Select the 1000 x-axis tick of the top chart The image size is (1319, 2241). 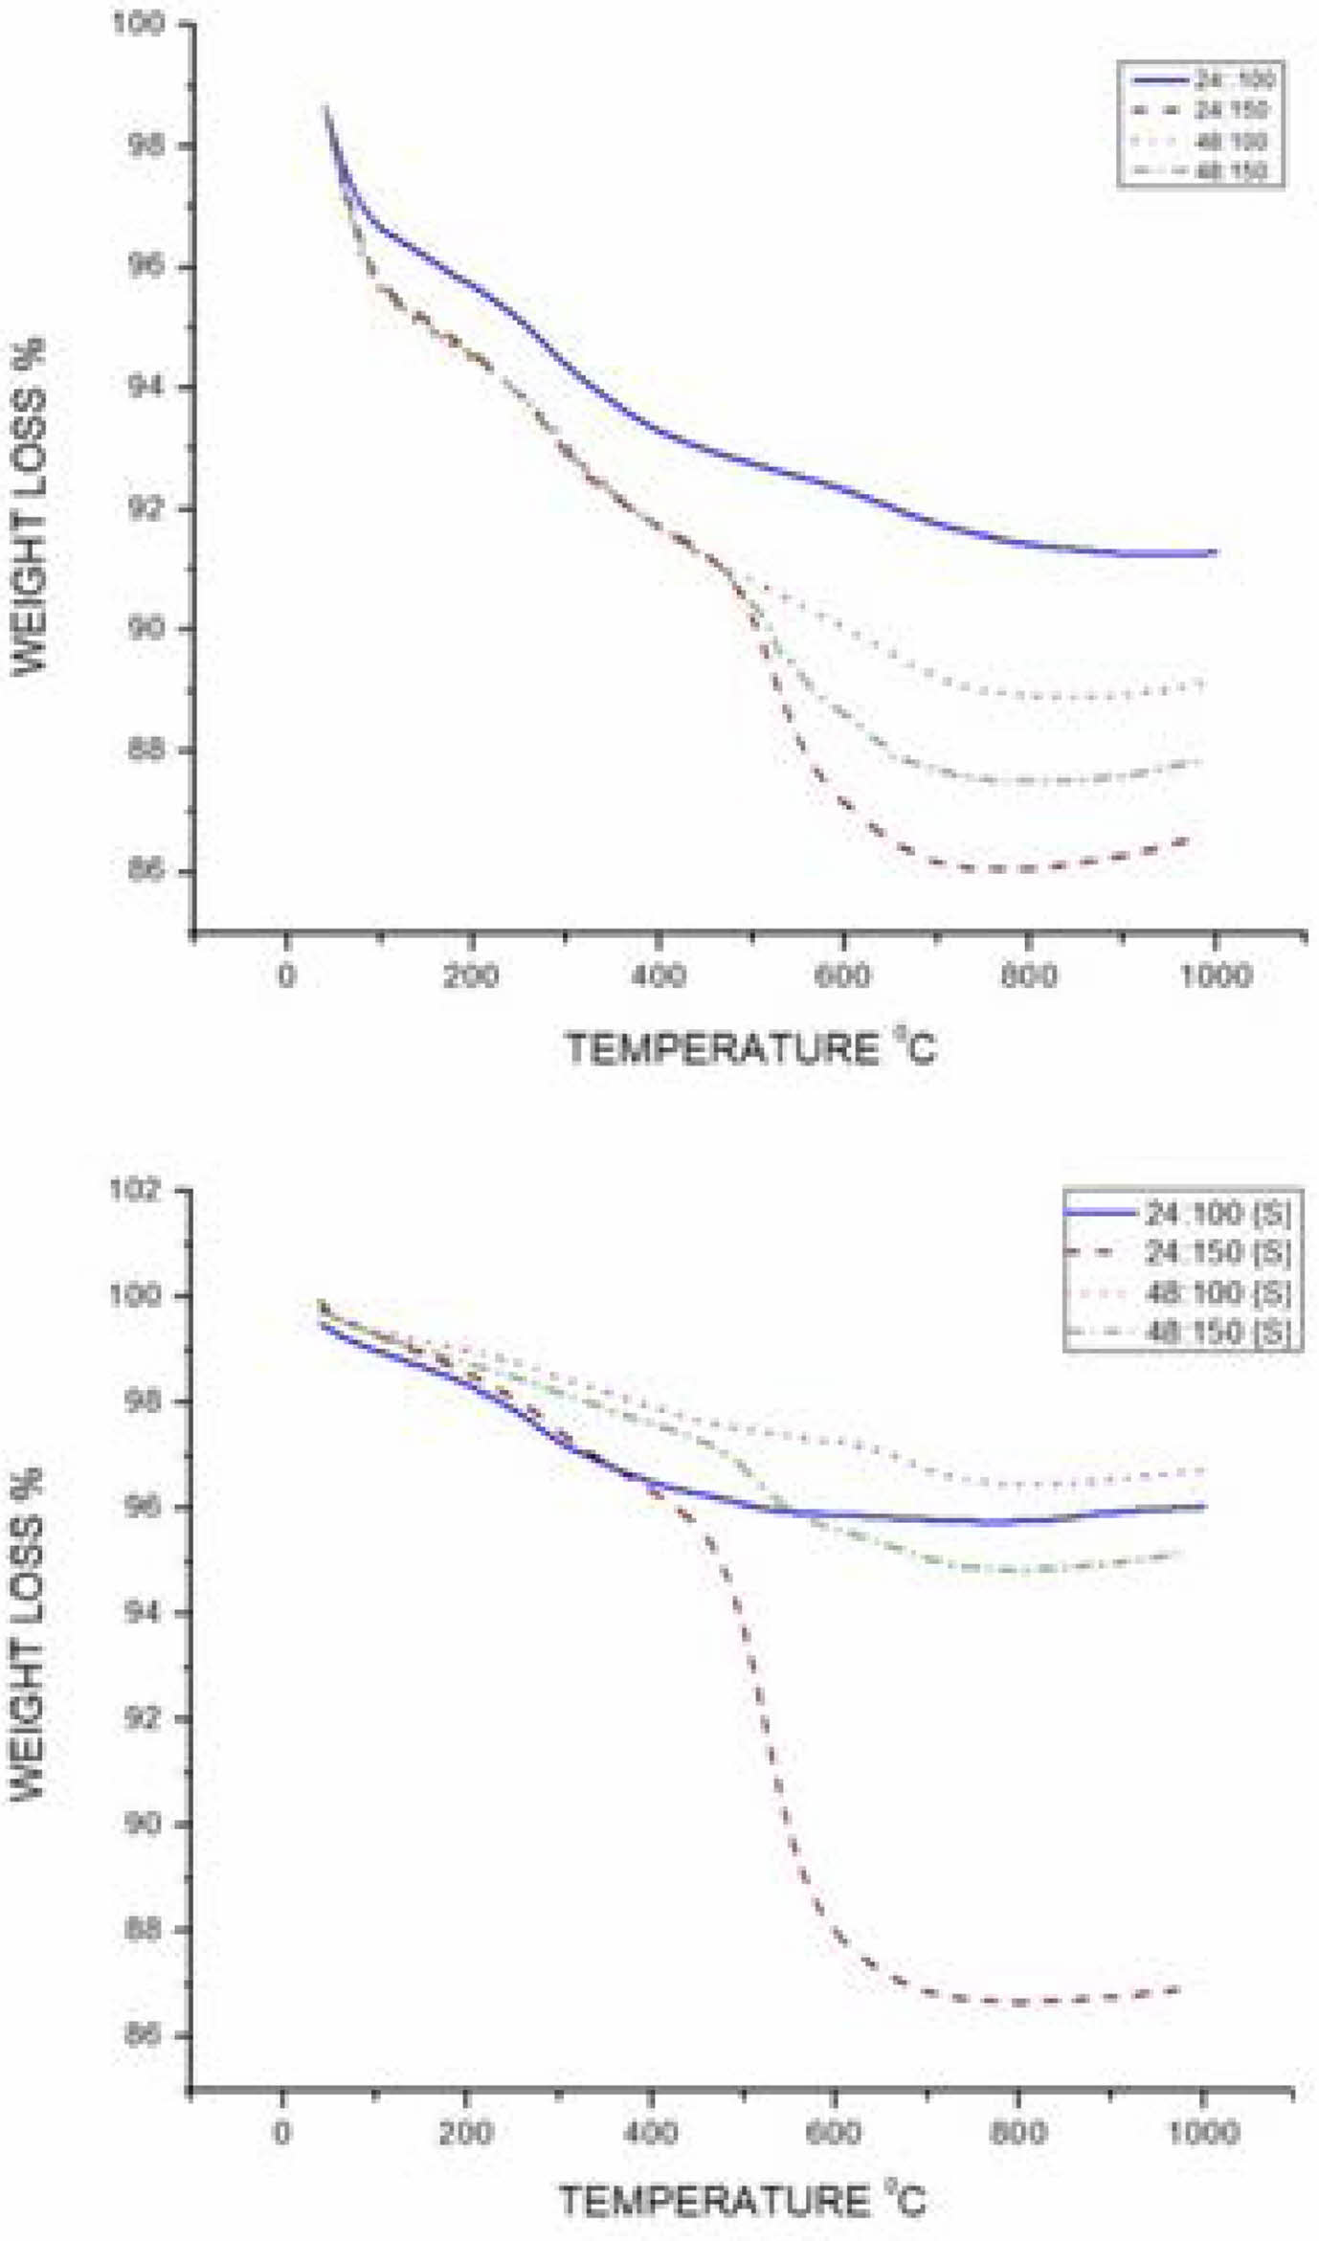[x=1216, y=977]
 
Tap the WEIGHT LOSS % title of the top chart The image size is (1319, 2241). [x=29, y=507]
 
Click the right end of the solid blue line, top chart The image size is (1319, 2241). [x=1215, y=552]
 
